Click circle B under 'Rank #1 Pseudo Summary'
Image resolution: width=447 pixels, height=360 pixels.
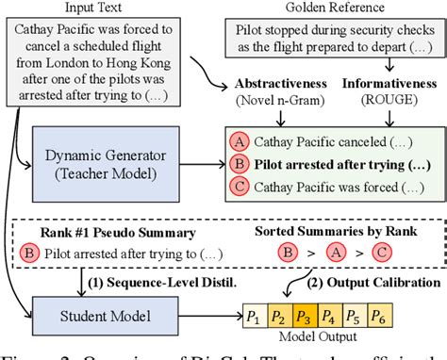(x=60, y=254)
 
